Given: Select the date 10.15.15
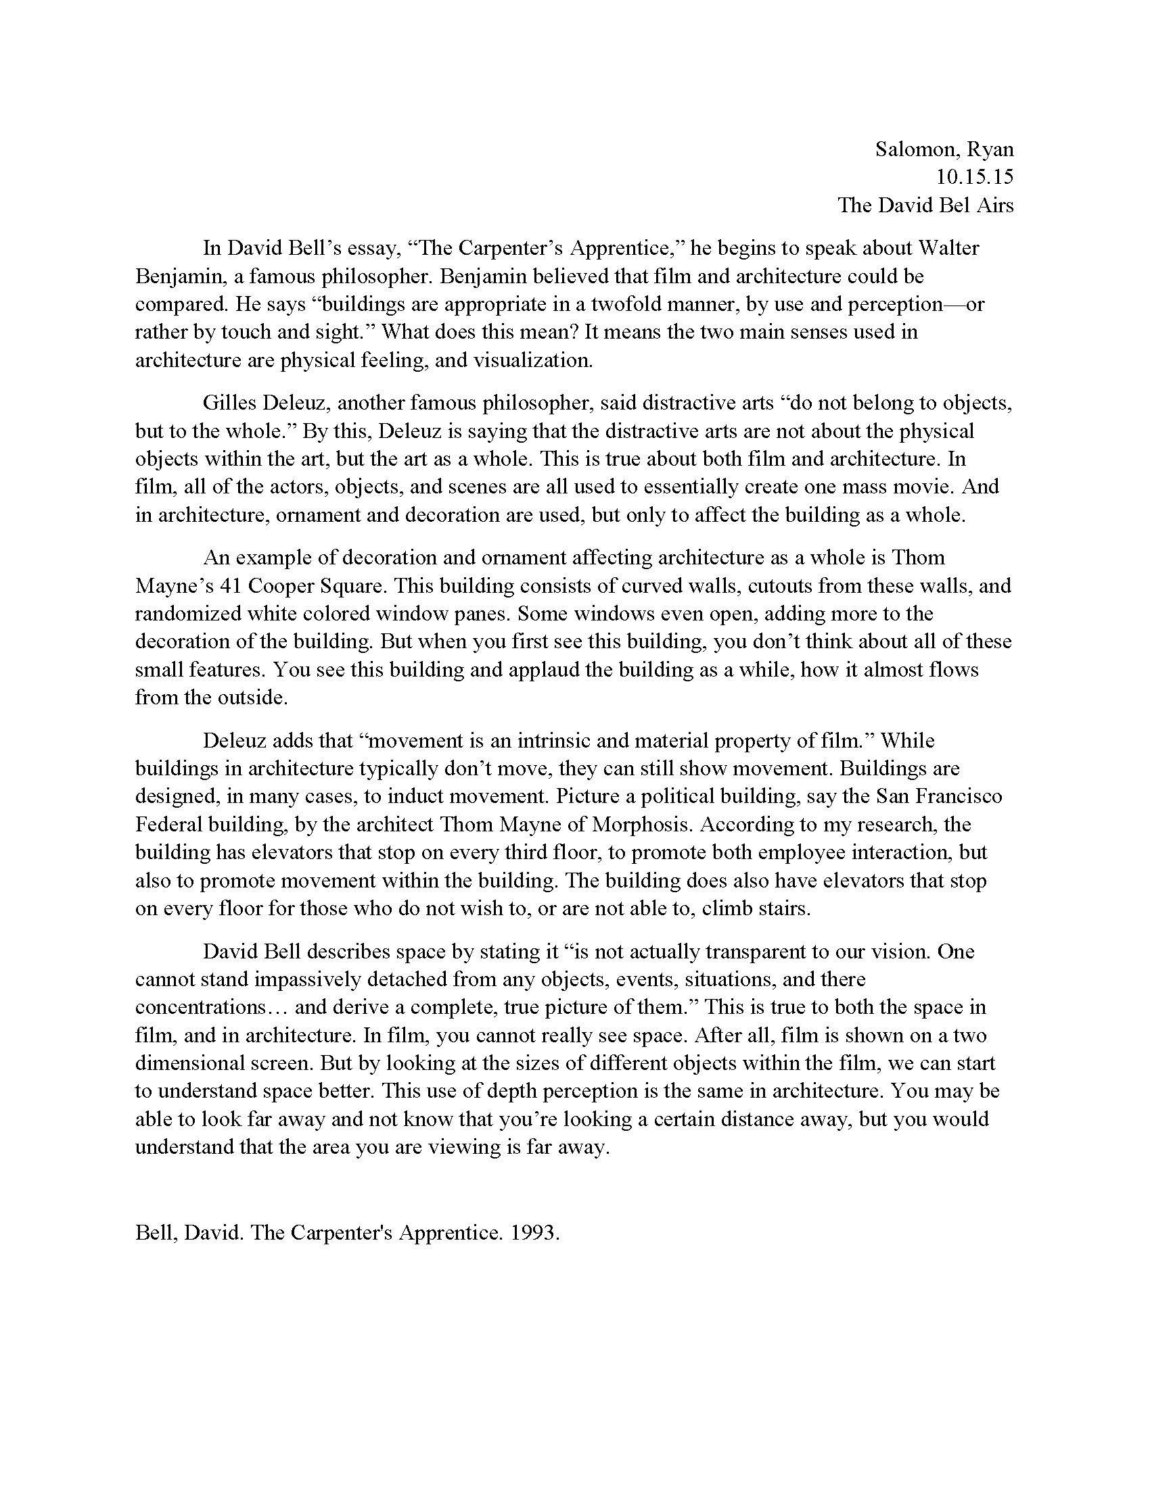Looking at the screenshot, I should coord(974,177).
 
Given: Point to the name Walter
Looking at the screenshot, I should coord(949,248).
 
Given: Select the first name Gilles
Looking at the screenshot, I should coord(229,402).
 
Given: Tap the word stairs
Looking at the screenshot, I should coord(783,908).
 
